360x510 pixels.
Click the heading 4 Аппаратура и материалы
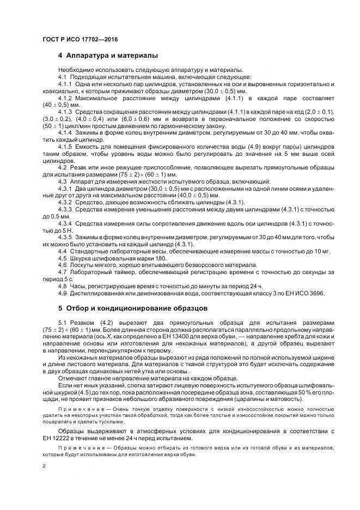pos(108,56)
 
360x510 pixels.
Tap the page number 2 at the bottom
pos(44,466)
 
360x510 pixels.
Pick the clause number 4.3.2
pos(65,202)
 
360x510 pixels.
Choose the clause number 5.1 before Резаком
pos(62,323)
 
